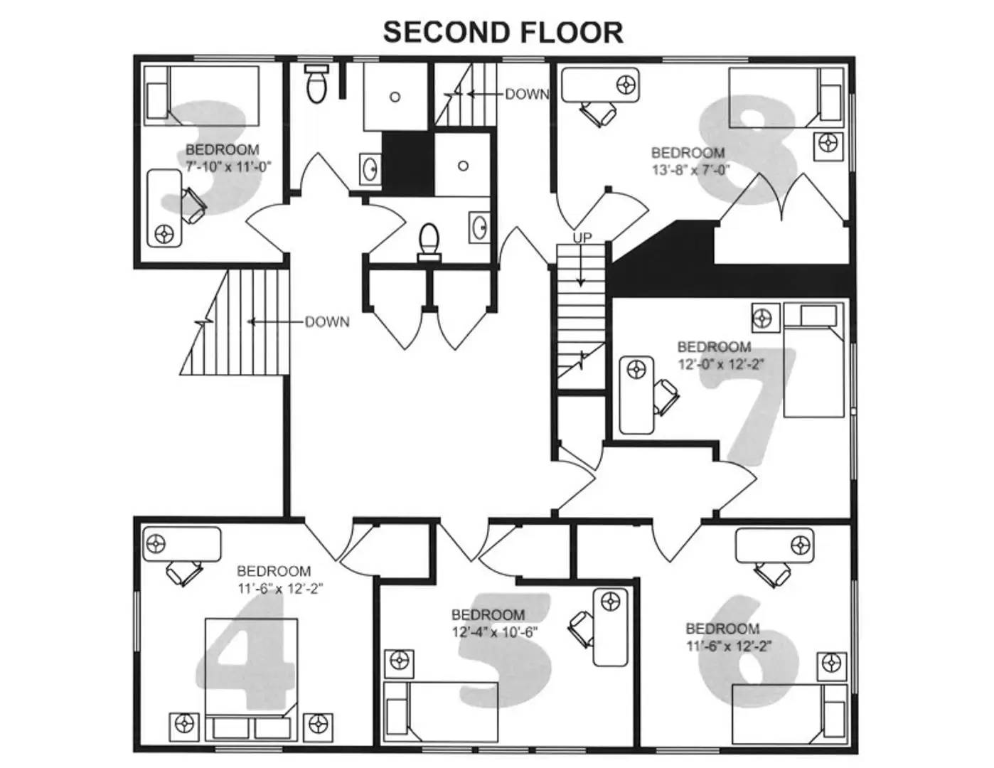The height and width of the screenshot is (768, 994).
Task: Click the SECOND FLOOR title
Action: (503, 33)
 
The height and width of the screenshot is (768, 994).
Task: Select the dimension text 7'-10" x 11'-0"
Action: (229, 166)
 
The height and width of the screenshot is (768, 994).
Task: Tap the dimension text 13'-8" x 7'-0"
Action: (690, 169)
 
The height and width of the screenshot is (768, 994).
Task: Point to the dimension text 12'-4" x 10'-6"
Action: (494, 631)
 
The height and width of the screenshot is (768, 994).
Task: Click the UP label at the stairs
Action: (582, 238)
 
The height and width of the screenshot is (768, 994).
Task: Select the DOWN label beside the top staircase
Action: (527, 94)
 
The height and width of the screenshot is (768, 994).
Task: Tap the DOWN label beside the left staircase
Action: (327, 322)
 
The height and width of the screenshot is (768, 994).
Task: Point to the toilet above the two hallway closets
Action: (429, 242)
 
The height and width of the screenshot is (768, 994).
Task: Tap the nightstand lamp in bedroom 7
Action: (762, 318)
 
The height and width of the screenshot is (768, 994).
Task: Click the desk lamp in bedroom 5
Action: (610, 602)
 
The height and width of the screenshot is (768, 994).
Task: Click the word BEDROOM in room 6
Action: (722, 629)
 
